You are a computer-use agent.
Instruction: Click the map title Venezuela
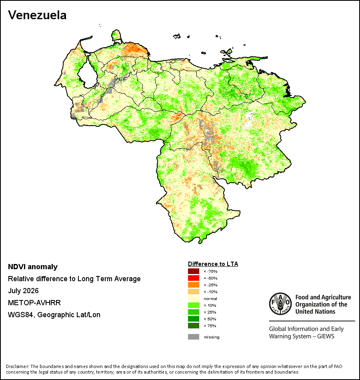tap(37, 15)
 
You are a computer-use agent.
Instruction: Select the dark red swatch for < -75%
tap(194, 271)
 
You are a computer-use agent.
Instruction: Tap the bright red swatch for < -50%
tap(194, 278)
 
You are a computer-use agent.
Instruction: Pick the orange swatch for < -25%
tap(194, 285)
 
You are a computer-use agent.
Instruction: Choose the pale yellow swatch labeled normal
tap(194, 298)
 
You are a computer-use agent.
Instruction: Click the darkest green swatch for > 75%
tap(194, 326)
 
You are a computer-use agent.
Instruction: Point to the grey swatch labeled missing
tap(194, 337)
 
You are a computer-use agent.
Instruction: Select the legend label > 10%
tap(210, 305)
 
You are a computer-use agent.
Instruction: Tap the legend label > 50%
tap(210, 319)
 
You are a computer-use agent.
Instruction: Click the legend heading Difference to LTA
tap(213, 264)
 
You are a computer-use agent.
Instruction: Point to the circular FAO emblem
tap(280, 304)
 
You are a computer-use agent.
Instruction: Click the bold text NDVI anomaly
tap(33, 267)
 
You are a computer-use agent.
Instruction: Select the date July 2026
tap(23, 290)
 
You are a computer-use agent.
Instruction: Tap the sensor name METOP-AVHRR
tap(34, 303)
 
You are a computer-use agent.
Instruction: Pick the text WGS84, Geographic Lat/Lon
tap(54, 315)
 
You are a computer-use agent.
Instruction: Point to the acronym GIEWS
tap(326, 336)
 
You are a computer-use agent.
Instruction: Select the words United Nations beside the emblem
tap(315, 312)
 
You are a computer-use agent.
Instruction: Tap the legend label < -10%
tap(210, 292)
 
